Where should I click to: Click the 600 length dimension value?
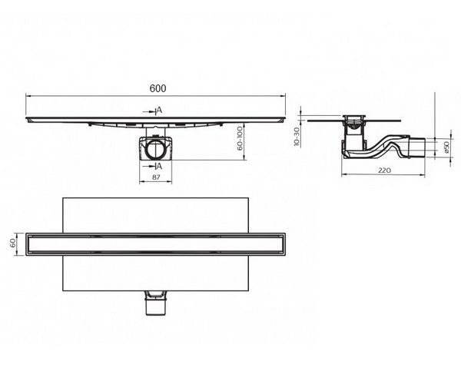click(158, 88)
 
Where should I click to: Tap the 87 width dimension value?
click(156, 177)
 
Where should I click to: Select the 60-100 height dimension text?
click(240, 138)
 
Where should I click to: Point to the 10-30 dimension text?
click(297, 137)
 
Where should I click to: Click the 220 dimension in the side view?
click(384, 170)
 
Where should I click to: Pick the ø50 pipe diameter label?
click(446, 147)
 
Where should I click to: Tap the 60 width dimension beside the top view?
click(13, 243)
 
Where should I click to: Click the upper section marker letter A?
click(159, 110)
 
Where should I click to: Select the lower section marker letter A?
click(159, 167)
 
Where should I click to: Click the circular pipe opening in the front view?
click(155, 150)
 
